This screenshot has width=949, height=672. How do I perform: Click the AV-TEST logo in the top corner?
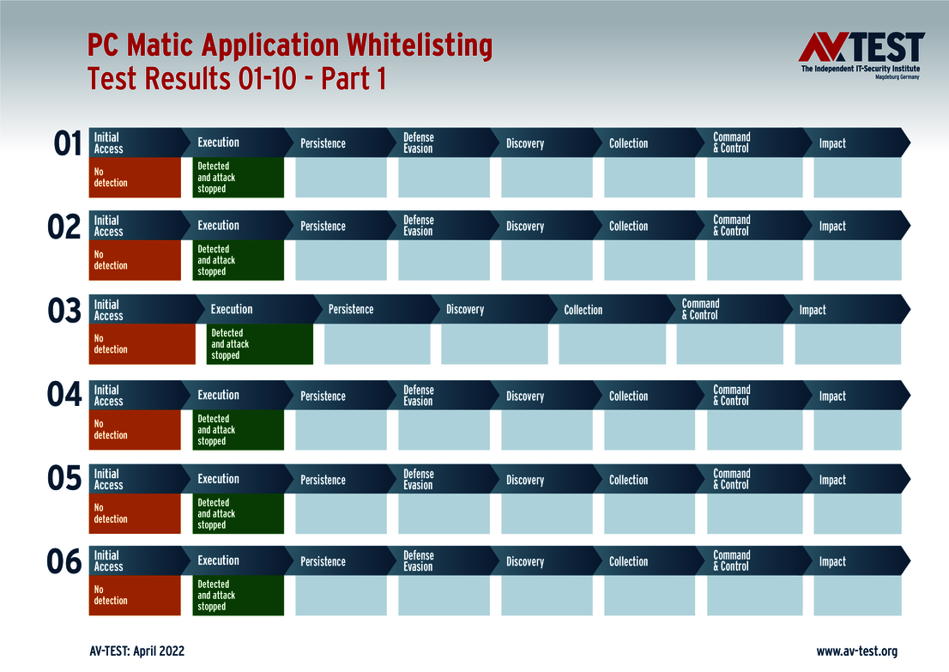click(861, 55)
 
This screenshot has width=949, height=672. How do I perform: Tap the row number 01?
click(67, 143)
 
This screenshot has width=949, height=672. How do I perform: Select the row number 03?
click(64, 311)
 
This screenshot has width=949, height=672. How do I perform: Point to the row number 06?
click(64, 562)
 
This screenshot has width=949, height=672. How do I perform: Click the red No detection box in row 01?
click(135, 178)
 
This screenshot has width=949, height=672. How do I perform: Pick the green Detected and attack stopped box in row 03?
click(259, 344)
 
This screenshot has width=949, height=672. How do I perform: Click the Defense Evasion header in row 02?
click(419, 226)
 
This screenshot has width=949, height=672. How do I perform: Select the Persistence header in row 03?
click(351, 310)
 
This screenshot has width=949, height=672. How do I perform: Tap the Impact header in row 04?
click(832, 397)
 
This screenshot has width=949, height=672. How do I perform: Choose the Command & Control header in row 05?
click(732, 479)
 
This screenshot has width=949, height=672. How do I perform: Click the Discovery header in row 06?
click(525, 562)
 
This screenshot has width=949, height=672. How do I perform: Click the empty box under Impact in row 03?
click(848, 344)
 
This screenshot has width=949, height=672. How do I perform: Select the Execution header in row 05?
click(219, 479)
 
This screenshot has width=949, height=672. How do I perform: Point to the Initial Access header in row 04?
click(109, 396)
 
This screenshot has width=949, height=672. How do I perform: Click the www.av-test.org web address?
click(856, 651)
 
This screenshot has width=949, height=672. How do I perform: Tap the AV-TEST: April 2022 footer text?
click(136, 651)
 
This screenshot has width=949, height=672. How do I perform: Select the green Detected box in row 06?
click(238, 595)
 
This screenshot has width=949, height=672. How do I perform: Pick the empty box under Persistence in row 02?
click(341, 260)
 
